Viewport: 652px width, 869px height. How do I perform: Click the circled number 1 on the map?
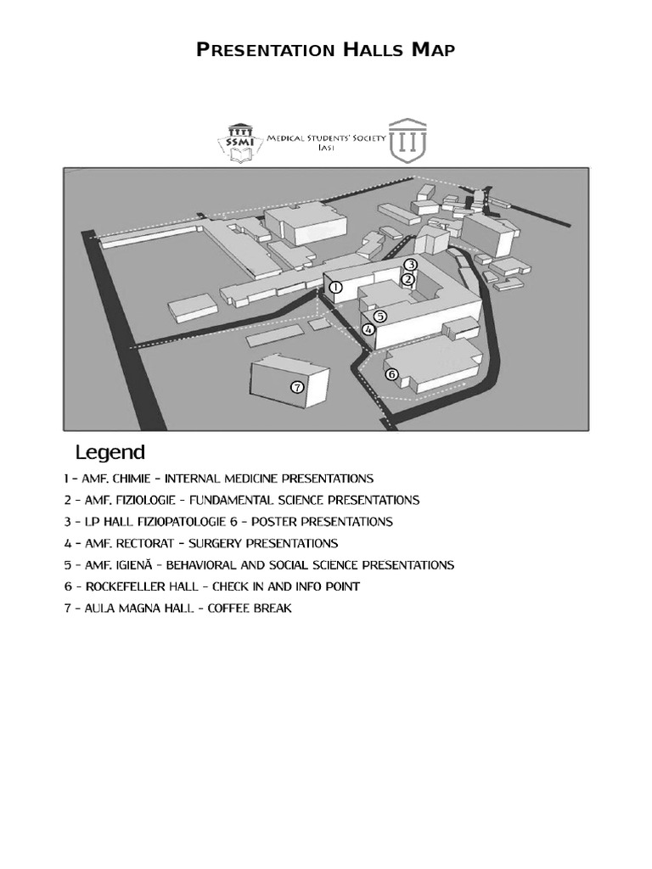(335, 288)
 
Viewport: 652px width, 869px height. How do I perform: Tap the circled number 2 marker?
(407, 279)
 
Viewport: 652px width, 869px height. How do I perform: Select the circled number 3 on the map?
(410, 265)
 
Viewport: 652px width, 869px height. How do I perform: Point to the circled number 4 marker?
(368, 329)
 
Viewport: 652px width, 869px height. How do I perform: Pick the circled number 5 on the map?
(379, 317)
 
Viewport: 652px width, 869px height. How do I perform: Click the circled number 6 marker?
(391, 373)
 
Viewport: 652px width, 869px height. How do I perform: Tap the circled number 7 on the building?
(296, 387)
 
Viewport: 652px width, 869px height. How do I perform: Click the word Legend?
(110, 452)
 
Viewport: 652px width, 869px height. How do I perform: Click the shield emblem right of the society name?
(408, 140)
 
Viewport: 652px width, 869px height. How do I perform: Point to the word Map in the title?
(434, 50)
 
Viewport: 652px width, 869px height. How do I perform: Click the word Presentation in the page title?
(267, 50)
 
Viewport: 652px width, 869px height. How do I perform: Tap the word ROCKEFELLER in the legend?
(121, 586)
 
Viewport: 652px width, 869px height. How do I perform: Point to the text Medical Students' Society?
(327, 137)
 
